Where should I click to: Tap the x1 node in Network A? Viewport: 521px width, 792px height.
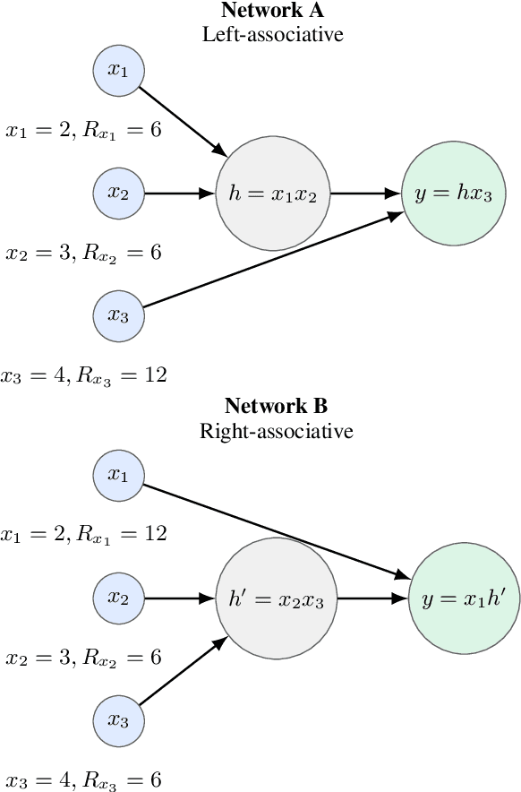point(119,71)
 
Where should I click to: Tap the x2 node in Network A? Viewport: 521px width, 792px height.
point(119,193)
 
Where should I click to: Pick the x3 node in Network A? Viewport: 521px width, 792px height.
point(119,315)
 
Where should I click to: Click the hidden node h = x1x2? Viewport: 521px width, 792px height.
point(273,193)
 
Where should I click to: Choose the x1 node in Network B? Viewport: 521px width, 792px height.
point(119,476)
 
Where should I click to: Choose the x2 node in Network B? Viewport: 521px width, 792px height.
point(119,598)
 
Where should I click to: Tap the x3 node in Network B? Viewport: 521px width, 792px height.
point(119,719)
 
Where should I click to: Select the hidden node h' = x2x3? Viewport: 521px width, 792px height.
point(276,598)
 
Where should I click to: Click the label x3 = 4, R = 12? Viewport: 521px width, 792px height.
point(84,374)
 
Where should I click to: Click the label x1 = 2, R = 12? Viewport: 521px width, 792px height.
point(84,536)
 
